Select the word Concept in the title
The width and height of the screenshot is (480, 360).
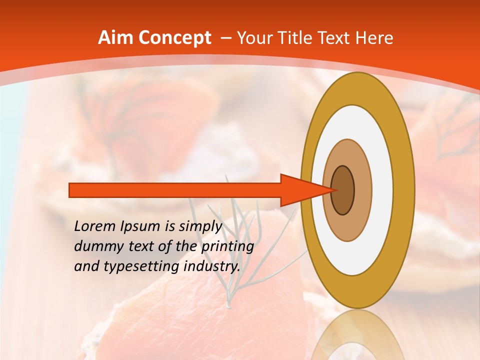pos(175,38)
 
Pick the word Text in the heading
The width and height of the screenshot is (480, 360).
pos(336,38)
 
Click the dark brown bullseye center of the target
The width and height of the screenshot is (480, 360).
pos(343,190)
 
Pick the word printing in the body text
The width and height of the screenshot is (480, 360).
pos(227,247)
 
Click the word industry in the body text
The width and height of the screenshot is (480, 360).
pos(212,266)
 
